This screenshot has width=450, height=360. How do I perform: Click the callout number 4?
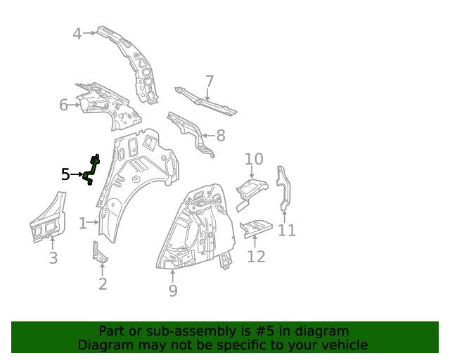77,34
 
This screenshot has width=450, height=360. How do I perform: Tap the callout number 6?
63,105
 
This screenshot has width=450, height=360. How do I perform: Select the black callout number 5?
65,174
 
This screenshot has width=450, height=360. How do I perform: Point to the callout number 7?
210,82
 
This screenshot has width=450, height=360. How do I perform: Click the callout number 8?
220,136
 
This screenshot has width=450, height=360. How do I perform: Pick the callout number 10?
254,159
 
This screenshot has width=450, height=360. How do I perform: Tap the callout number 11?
287,230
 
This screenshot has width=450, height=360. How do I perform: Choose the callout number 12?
256,257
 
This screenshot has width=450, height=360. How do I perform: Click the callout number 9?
173,290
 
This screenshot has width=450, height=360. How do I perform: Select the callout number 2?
103,284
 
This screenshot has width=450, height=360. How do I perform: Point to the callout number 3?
53,258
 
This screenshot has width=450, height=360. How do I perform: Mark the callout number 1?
83,224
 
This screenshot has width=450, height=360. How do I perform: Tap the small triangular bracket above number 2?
98,254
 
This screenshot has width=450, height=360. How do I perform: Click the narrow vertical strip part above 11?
283,188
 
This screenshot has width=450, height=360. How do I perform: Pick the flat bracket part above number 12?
256,228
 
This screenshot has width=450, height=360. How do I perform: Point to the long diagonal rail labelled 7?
205,101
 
